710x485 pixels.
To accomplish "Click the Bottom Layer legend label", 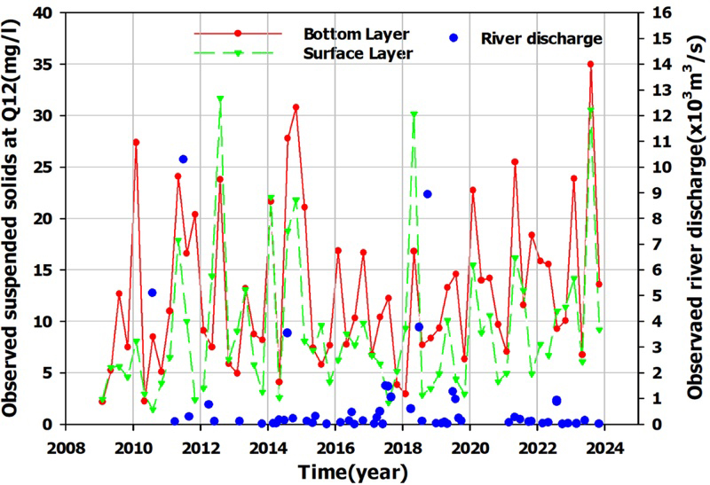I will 356,35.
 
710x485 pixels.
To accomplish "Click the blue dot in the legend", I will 454,38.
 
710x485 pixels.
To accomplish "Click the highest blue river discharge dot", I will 183,160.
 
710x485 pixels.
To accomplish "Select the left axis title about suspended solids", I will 15,217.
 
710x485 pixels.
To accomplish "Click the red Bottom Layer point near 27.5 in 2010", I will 136,142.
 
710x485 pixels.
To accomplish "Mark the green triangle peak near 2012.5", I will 219,99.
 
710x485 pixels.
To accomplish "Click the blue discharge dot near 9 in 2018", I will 427,194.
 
